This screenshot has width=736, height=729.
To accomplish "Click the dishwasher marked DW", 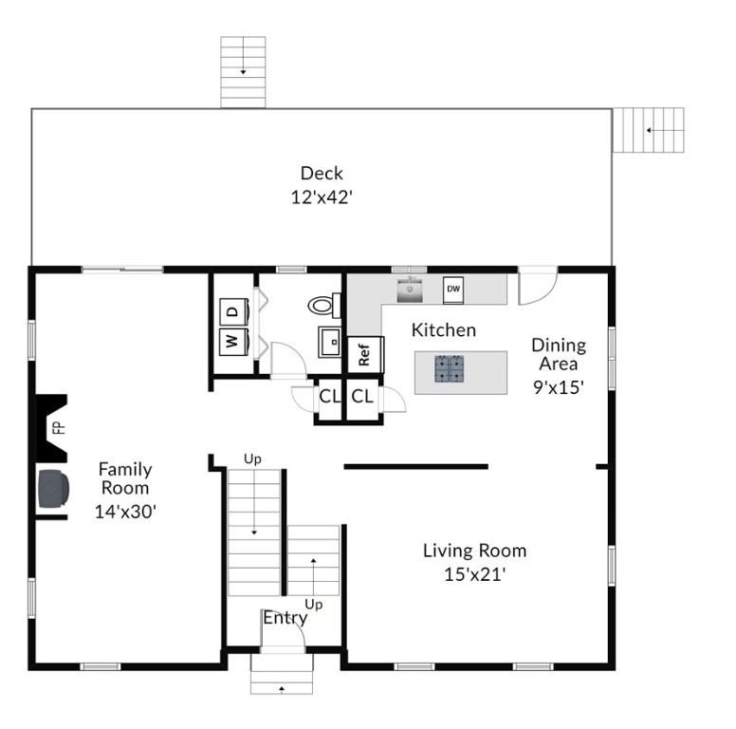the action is coord(453,290).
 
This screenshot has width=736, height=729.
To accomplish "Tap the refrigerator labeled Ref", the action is coord(365,355).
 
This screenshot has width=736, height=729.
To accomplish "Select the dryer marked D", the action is coord(233,311).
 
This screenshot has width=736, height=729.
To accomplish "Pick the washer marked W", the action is coord(233,342).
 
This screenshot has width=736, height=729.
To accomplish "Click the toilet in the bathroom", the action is coord(324,306).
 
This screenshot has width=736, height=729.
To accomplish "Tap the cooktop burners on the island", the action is coord(450,368).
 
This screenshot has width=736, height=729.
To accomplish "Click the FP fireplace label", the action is coord(58,427).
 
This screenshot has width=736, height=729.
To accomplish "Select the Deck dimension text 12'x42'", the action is coord(322,197).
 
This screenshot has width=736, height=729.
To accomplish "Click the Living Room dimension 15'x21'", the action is coord(474,574).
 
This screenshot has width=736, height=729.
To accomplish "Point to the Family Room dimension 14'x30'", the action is coord(125,511).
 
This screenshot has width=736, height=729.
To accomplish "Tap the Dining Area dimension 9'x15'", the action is coord(559,387).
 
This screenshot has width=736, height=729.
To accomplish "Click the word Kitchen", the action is coord(444,329).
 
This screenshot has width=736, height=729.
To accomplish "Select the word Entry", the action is coord(285,618).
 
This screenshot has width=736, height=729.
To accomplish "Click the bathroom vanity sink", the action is coord(330,342).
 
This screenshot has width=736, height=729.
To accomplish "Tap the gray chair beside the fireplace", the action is coord(53,488).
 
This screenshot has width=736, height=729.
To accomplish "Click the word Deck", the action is coord(322,173).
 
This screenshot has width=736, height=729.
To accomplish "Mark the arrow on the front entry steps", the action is coord(282,689).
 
